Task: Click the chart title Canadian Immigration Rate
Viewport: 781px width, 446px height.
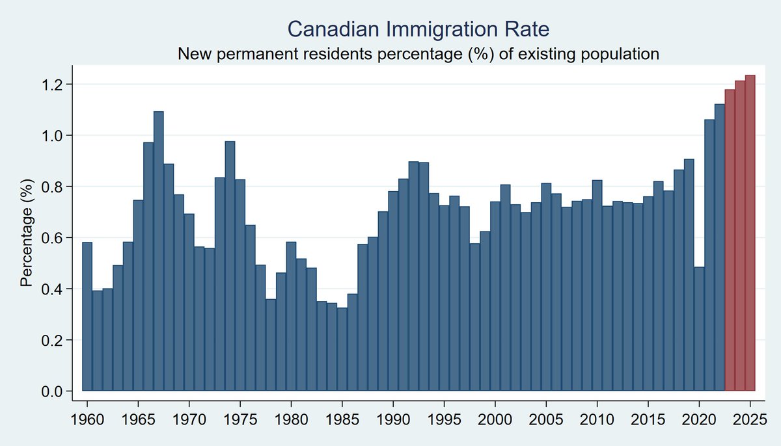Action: click(419, 29)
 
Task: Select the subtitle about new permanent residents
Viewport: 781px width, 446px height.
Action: click(418, 54)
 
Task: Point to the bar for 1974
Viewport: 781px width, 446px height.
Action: click(230, 266)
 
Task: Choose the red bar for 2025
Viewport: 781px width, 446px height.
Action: click(750, 233)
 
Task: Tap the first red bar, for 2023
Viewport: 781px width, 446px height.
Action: click(730, 241)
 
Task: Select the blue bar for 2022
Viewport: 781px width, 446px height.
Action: click(719, 248)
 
